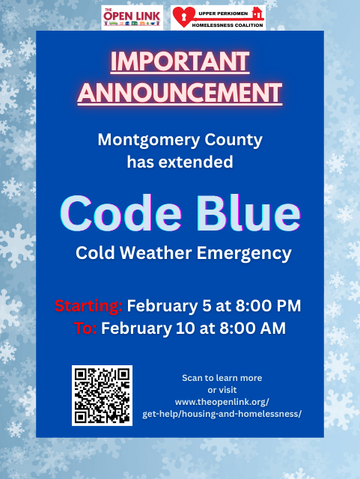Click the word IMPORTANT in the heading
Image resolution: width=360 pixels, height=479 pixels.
click(180, 62)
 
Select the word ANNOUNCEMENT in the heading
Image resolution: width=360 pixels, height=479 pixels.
click(180, 93)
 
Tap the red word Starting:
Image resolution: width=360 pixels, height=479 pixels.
click(88, 306)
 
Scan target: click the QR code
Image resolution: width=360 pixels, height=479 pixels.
click(102, 395)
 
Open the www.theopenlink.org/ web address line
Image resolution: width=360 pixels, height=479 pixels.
click(222, 402)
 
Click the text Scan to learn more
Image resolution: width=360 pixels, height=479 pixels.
click(222, 378)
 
